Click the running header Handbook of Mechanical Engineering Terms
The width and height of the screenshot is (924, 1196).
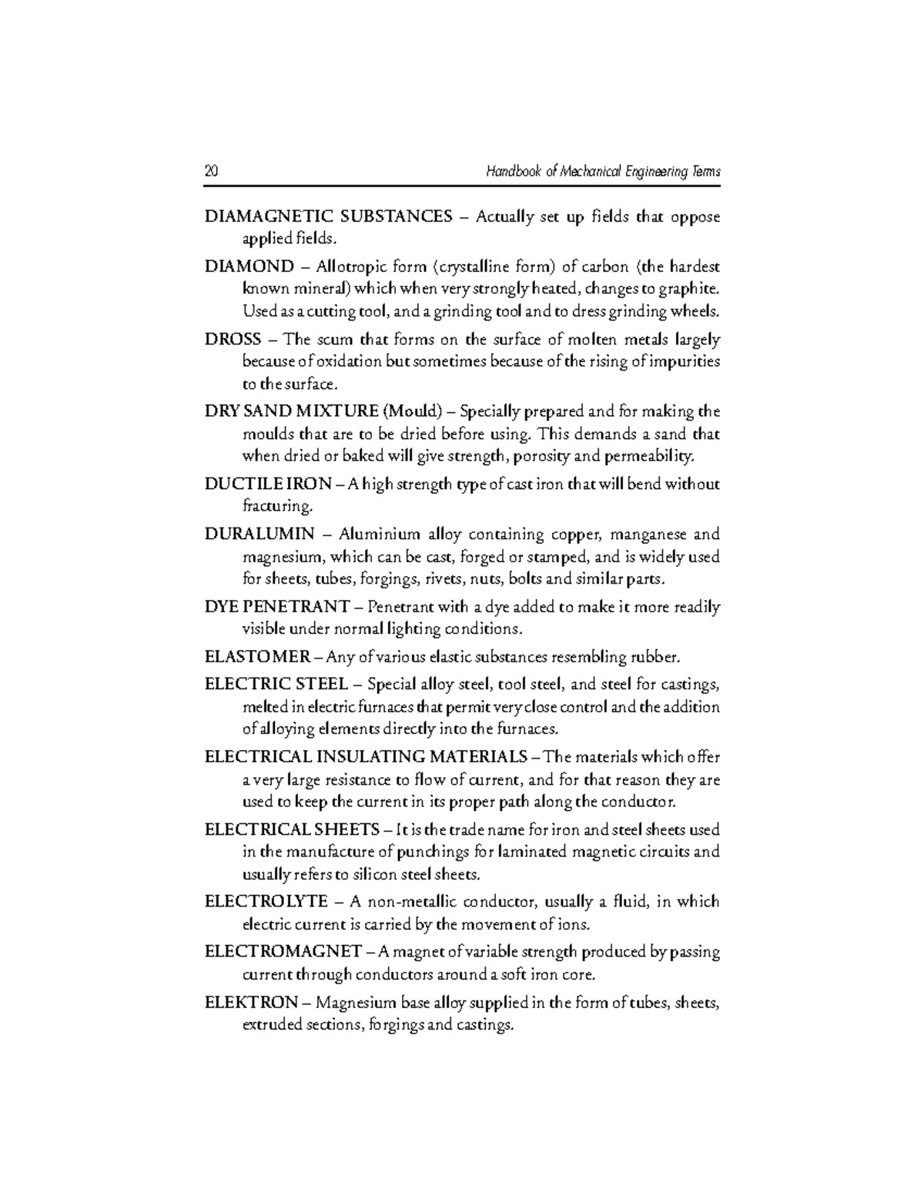(x=602, y=172)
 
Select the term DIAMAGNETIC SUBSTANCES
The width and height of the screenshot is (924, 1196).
(x=328, y=216)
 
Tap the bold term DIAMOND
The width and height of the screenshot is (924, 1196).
(x=249, y=266)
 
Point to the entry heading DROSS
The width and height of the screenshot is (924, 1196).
(x=233, y=339)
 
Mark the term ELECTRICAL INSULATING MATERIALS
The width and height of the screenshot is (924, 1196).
(x=366, y=756)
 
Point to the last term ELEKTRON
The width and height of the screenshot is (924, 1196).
(x=251, y=1002)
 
